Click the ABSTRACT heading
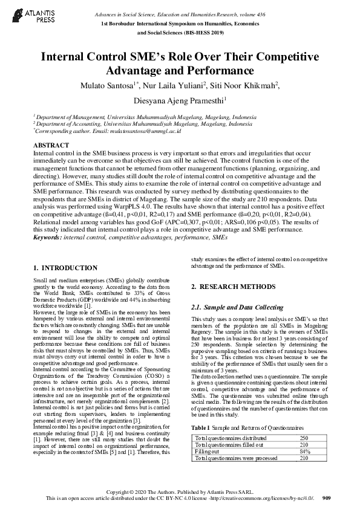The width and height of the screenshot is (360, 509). point(50,146)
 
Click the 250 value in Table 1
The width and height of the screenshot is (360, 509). point(305,437)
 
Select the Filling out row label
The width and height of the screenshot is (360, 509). point(208,451)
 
